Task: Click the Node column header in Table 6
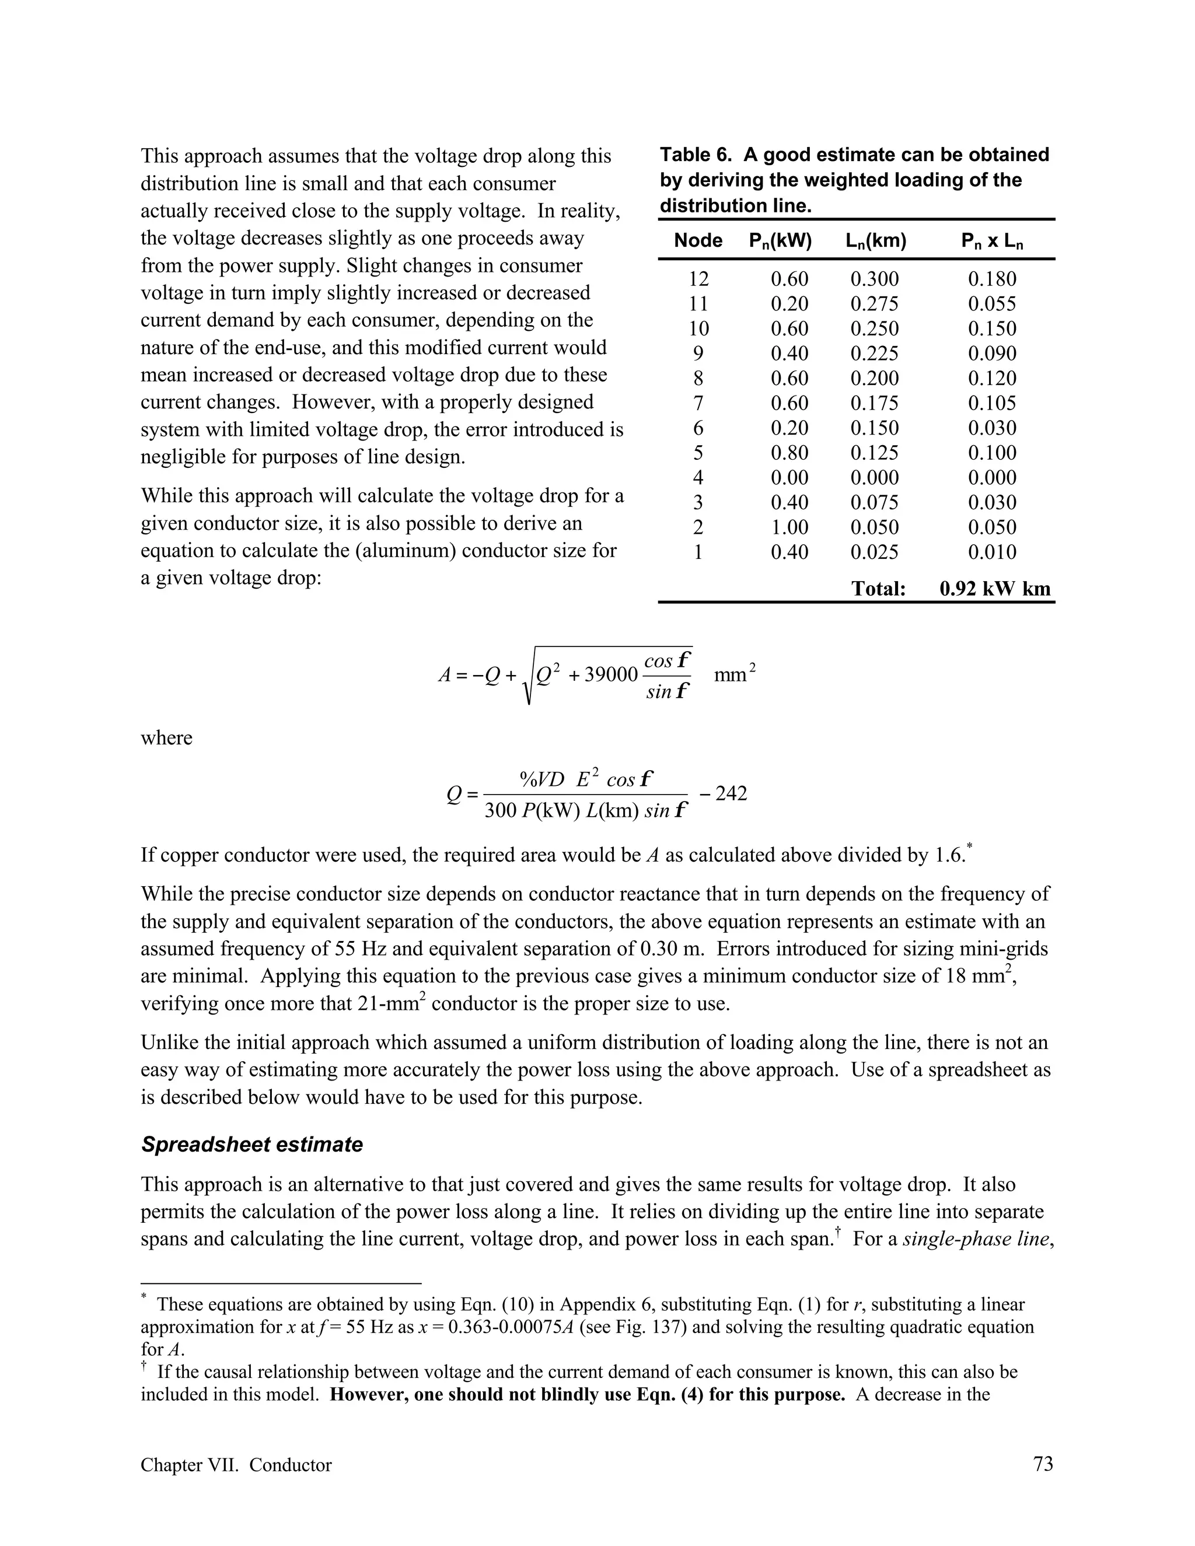point(697,241)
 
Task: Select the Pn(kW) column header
point(780,242)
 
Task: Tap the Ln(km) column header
point(876,242)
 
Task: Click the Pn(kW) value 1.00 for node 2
point(789,527)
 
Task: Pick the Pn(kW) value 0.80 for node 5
point(789,453)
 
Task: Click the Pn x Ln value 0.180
point(992,279)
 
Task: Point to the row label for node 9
point(698,353)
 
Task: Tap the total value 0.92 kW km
point(995,589)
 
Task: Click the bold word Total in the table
point(878,589)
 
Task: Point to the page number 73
point(1043,1464)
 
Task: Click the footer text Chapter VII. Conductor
point(236,1464)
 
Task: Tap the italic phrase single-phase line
point(975,1239)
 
